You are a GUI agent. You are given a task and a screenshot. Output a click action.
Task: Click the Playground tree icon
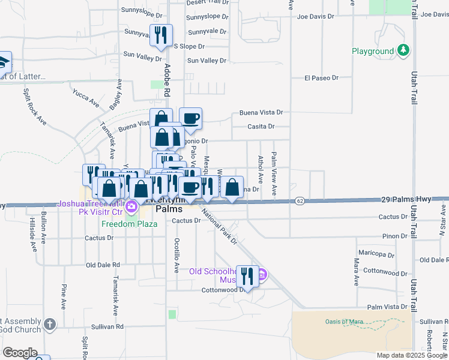pos(403,51)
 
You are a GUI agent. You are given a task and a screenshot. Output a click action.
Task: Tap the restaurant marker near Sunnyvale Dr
pos(160,35)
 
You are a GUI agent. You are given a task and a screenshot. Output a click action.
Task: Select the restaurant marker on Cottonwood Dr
pos(247,277)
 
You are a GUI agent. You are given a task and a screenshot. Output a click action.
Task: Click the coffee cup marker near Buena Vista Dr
pos(190,119)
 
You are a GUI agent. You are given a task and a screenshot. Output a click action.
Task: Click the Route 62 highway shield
pos(300,200)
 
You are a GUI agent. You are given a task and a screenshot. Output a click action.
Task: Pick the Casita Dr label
pos(261,127)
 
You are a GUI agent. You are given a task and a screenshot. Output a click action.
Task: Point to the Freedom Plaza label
pos(129,224)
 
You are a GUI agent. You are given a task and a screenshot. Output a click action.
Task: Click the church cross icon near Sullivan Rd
pos(49,325)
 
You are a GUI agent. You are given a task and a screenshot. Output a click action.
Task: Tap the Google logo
pos(19,353)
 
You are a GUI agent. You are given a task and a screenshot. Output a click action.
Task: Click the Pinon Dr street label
pos(396,236)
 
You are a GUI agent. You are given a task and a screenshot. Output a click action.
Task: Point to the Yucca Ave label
pos(86,99)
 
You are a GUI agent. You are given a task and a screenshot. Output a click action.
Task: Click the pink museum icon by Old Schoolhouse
pos(262,275)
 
